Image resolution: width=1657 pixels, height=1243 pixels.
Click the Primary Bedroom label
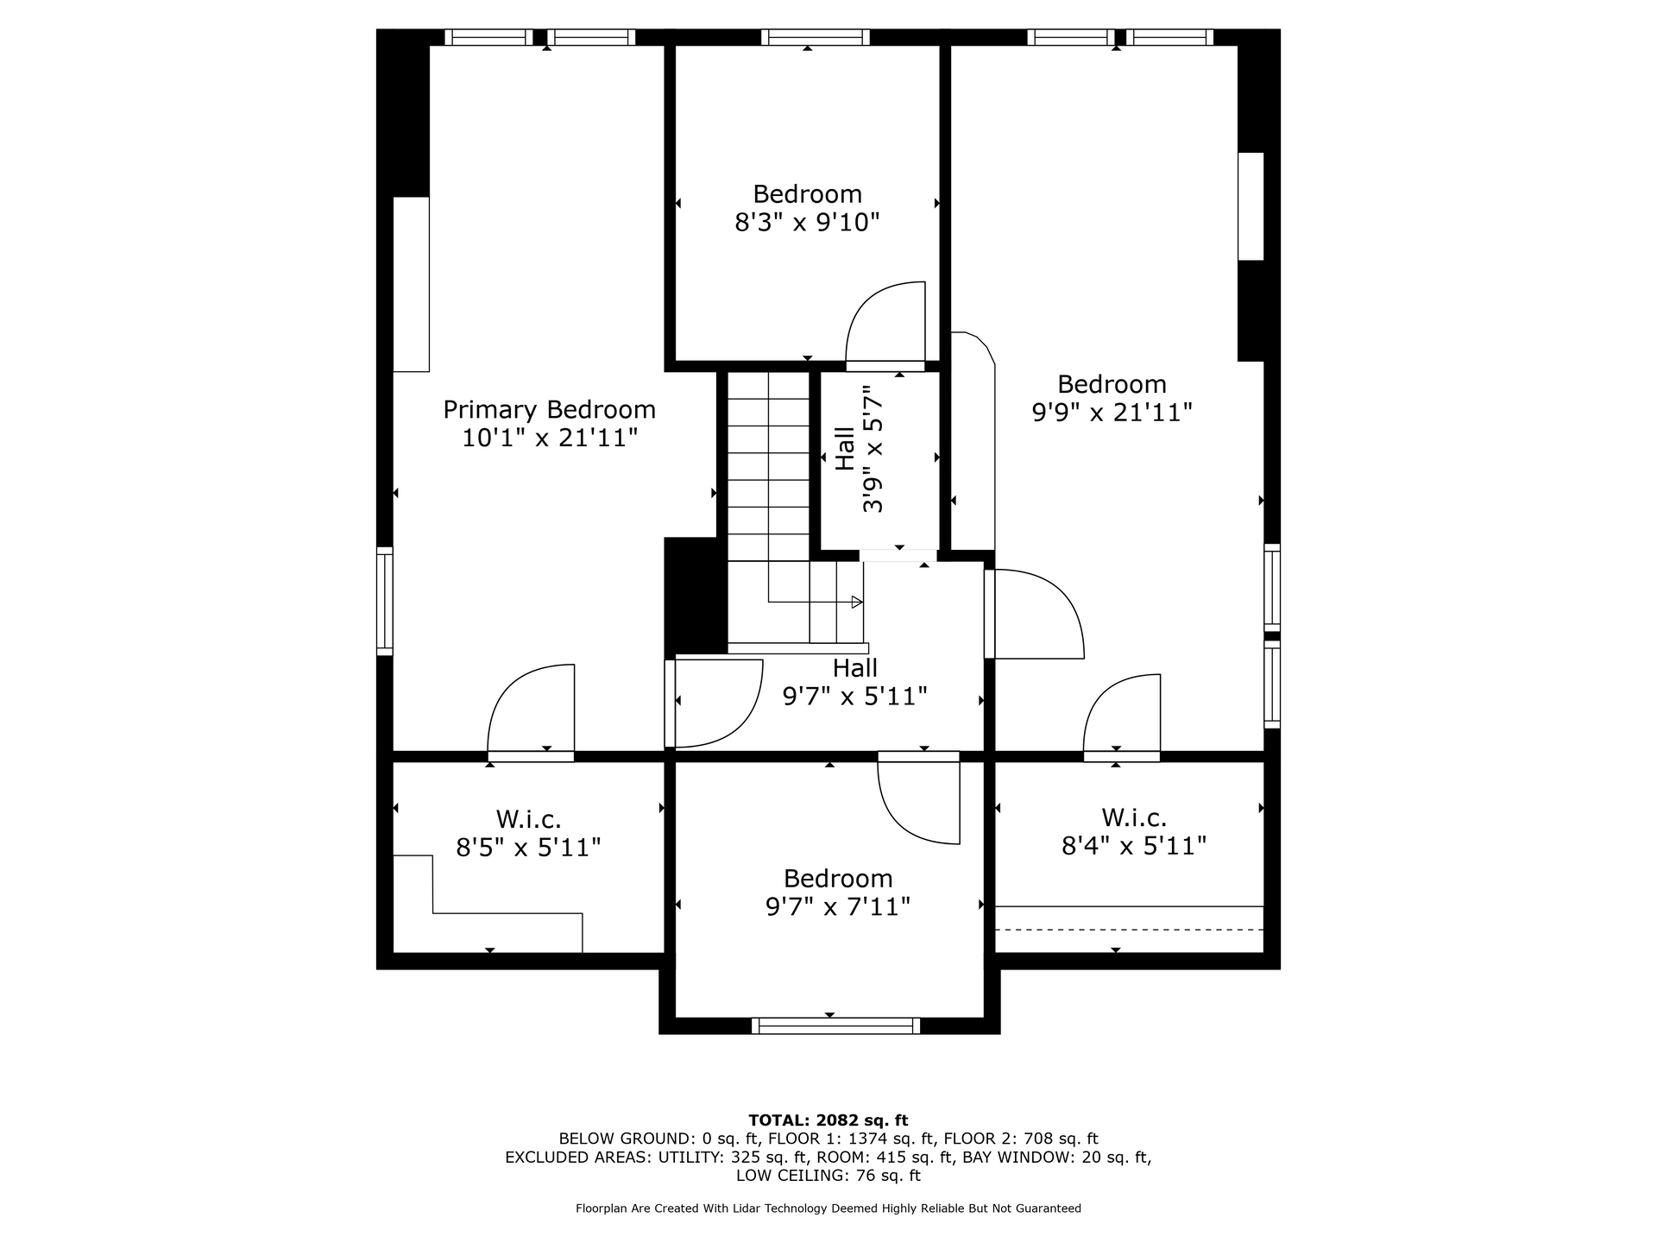(x=549, y=409)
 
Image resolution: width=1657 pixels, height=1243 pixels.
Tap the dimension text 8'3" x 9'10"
(x=807, y=223)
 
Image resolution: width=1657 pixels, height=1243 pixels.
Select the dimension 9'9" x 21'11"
(x=1112, y=413)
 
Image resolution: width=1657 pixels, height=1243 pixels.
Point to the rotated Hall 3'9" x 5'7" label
(x=860, y=449)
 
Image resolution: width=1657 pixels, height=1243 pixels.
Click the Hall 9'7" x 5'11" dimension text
(x=854, y=696)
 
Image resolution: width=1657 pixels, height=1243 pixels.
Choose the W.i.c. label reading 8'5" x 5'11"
(x=528, y=833)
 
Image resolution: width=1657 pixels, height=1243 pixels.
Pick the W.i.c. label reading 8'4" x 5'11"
(x=1133, y=831)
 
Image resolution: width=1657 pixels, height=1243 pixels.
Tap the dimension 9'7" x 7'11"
(x=838, y=907)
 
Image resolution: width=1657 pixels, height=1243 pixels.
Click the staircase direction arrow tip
(x=861, y=602)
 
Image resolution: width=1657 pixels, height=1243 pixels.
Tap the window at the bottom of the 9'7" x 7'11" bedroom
(x=835, y=1025)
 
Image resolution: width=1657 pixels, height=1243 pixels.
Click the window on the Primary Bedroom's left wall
(x=385, y=601)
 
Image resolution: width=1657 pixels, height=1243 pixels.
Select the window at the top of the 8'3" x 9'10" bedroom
(x=816, y=37)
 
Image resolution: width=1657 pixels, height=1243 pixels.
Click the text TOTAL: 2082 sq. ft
(x=828, y=1120)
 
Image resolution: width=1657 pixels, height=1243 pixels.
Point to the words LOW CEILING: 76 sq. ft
(x=828, y=1176)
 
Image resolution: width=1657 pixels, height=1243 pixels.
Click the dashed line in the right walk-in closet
(x=1130, y=930)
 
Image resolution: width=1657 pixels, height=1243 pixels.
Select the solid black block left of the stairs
(x=696, y=596)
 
